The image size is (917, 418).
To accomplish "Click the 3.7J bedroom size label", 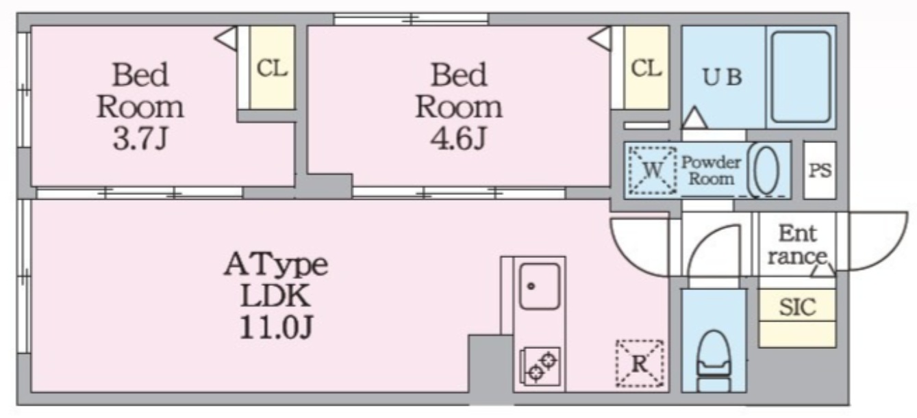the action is coord(140,139).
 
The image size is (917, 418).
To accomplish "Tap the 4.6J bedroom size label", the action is coord(459,139).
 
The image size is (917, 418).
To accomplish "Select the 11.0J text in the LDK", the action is coord(276,327).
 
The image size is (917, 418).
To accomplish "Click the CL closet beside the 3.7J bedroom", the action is coord(273,68).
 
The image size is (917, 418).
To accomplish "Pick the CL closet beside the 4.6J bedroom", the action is coord(646,68).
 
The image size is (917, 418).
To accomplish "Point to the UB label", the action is coord(722,77).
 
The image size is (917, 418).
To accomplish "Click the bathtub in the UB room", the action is coord(801,77).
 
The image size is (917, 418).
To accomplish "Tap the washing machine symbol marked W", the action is coord(653,170).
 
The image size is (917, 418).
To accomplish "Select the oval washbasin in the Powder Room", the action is coord(766,170).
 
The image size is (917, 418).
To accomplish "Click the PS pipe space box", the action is coord(820,170).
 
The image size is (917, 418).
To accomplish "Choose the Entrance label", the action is coord(797,245).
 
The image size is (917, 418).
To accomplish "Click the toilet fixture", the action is coord(714,361).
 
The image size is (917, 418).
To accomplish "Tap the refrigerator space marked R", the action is coord(640,363).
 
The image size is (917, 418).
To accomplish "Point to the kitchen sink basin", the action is coord(539,286).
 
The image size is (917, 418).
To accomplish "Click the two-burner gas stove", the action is coord(540,366).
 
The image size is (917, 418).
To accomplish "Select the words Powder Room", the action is coord(711,170).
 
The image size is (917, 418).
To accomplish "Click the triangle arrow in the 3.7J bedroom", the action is coord(225,39).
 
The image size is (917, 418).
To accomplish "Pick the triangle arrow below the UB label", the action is coord(694,118).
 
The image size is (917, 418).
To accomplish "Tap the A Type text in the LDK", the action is coord(276,265).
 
